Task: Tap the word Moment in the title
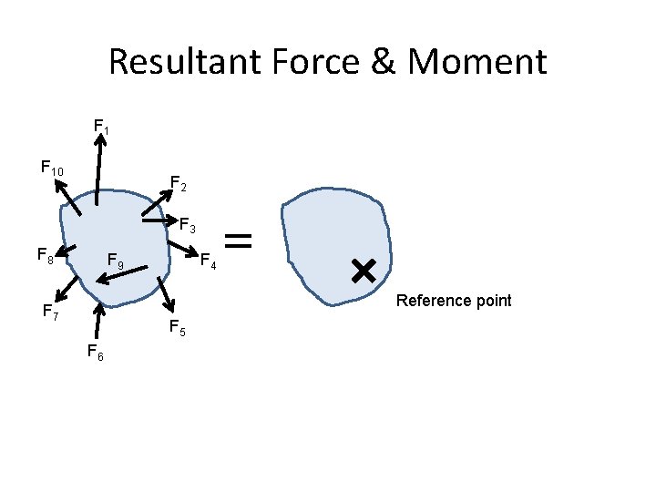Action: pos(477,62)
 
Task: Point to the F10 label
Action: pos(52,169)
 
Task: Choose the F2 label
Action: pos(179,185)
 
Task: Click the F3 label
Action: pos(188,222)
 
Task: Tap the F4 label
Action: pos(208,262)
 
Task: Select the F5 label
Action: pos(177,329)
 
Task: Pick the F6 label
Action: pos(95,353)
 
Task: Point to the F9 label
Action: pos(116,262)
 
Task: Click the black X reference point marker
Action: pos(363,269)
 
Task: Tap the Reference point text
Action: pos(454,301)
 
